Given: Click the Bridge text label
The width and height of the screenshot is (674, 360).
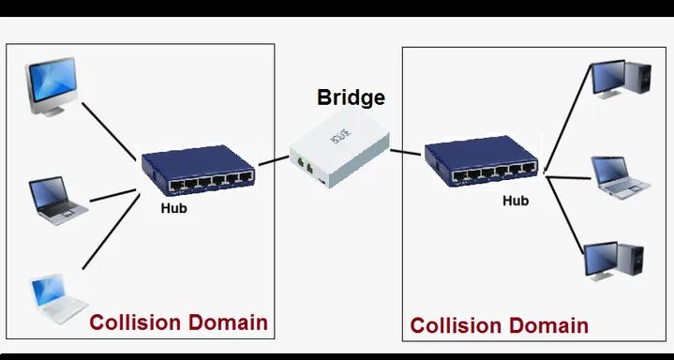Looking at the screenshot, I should [351, 97].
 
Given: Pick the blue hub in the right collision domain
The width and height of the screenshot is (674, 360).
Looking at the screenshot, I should [481, 160].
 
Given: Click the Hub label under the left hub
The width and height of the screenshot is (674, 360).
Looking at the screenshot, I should [173, 208].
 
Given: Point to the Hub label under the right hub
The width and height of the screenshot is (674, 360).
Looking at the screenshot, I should [516, 201].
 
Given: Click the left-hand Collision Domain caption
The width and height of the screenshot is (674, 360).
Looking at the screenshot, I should [178, 322].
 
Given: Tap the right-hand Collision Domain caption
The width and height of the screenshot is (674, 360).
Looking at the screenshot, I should [500, 325].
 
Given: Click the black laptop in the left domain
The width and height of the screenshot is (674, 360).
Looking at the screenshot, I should [50, 198].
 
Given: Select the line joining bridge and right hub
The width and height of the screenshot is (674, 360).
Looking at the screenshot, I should [405, 151].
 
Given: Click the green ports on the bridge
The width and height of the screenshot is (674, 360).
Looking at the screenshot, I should [302, 163].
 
